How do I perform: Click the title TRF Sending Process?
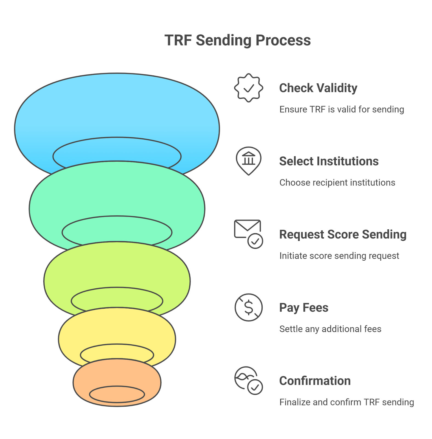pyautogui.click(x=237, y=41)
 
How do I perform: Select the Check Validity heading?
pyautogui.click(x=318, y=88)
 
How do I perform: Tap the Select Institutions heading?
pyautogui.click(x=329, y=161)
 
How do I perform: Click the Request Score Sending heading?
pyautogui.click(x=343, y=235)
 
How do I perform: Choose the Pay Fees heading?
pyautogui.click(x=304, y=308)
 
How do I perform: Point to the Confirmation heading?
pyautogui.click(x=315, y=381)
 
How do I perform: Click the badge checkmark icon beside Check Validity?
pyautogui.click(x=249, y=88)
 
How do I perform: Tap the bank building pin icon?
pyautogui.click(x=249, y=161)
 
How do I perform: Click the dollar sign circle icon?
pyautogui.click(x=249, y=307)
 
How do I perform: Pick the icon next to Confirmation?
pyautogui.click(x=248, y=381)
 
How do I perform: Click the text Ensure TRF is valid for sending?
pyautogui.click(x=342, y=109)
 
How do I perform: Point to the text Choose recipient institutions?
pyautogui.click(x=337, y=183)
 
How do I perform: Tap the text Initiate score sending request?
pyautogui.click(x=339, y=256)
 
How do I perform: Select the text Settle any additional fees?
pyautogui.click(x=330, y=329)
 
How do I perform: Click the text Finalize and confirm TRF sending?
pyautogui.click(x=347, y=402)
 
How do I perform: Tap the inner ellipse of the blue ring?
pyautogui.click(x=117, y=137)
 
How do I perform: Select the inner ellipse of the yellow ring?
pyautogui.click(x=117, y=344)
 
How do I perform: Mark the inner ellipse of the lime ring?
pyautogui.click(x=117, y=288)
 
